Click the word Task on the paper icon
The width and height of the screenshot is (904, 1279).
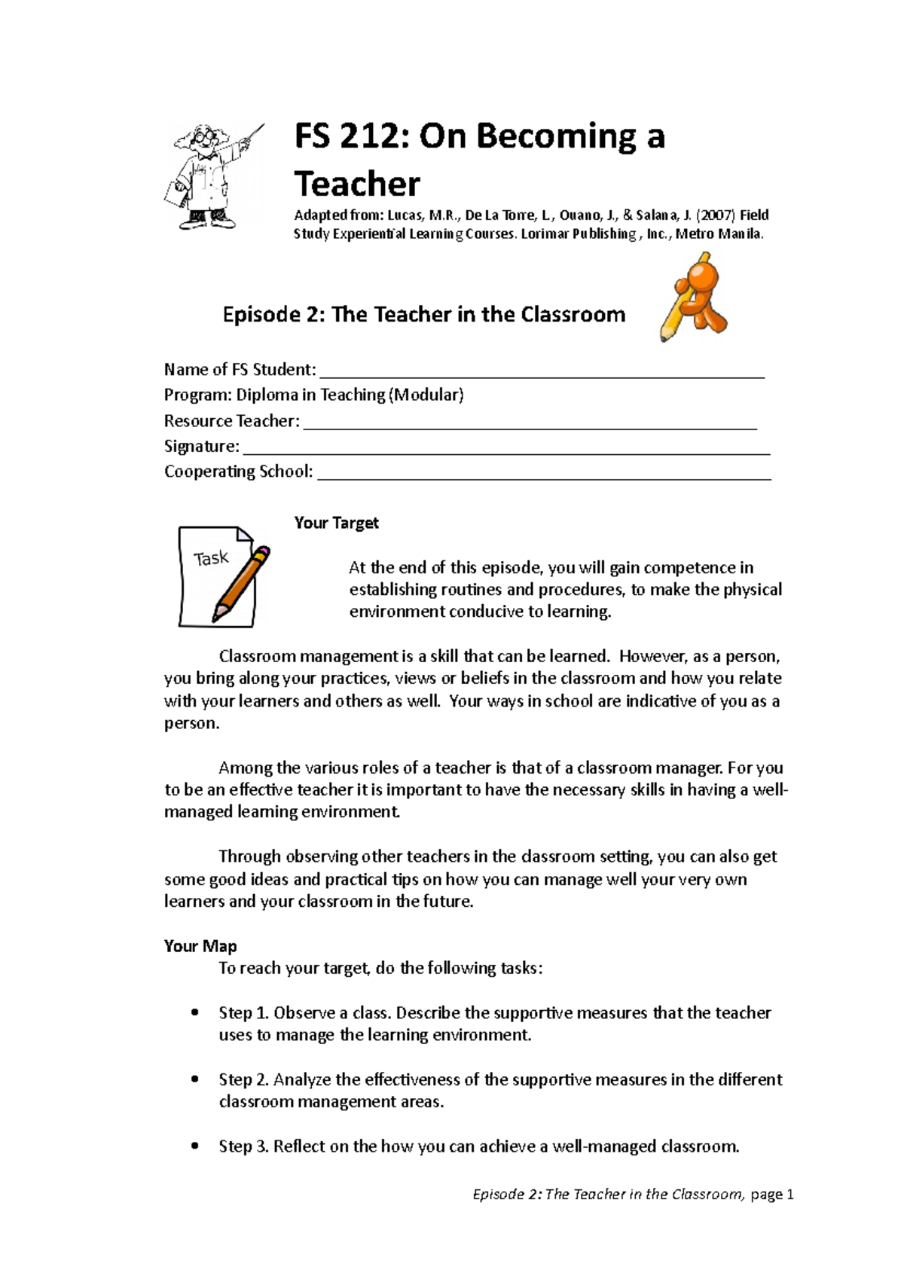[211, 558]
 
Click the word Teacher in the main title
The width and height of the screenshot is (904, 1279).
[357, 185]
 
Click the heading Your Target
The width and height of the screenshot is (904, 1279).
[336, 523]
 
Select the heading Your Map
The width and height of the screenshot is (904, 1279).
[200, 946]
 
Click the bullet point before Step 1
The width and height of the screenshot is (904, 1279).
[195, 1013]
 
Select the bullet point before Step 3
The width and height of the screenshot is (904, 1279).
[195, 1146]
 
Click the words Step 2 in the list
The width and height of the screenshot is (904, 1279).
[243, 1079]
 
